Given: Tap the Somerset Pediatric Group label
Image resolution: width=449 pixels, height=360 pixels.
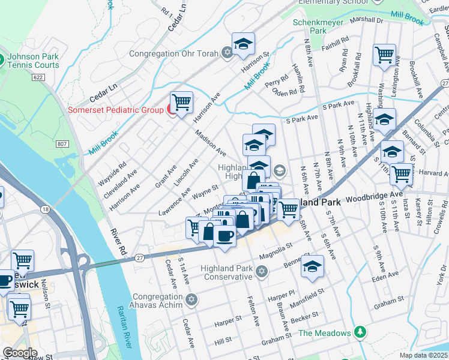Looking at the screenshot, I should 115,110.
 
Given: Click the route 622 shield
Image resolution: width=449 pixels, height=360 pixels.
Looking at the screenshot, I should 38,77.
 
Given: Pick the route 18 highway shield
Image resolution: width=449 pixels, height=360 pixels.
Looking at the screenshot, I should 46,208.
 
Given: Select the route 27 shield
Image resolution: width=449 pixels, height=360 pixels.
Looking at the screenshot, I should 140,257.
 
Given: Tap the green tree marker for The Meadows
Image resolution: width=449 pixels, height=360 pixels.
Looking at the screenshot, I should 360,331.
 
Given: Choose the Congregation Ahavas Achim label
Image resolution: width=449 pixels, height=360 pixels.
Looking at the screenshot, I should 157,301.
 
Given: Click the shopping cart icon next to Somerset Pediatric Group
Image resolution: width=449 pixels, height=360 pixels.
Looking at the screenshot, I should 181,103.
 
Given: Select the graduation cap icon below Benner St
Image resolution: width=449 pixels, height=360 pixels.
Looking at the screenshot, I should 313,266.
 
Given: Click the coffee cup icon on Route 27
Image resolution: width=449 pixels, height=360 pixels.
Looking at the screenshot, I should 225,235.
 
